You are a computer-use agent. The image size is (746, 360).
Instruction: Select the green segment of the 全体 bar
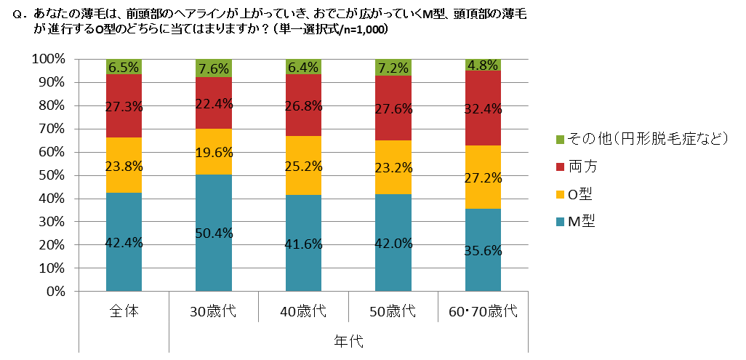124,66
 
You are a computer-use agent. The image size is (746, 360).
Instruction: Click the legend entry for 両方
582,167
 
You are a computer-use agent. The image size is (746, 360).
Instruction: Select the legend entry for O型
581,194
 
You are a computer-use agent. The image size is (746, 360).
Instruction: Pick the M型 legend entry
582,222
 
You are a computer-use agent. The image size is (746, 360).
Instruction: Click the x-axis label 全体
124,312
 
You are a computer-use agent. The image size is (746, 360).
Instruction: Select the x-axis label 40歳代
303,312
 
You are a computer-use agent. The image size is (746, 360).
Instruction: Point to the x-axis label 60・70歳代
483,312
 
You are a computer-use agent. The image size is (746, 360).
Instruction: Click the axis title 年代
348,340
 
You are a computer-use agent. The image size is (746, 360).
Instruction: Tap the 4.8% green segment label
483,63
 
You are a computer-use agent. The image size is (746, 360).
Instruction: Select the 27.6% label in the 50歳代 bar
393,109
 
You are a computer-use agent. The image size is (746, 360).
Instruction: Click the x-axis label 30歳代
214,312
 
